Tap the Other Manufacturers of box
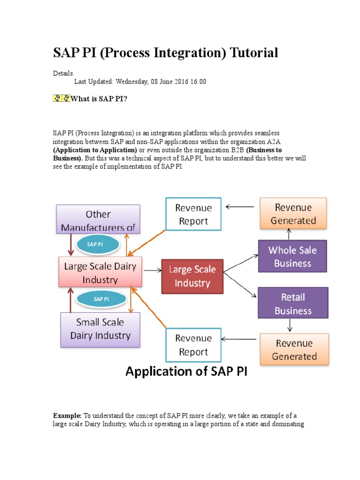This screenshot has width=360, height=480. click(98, 220)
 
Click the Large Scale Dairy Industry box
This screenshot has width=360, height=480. click(100, 272)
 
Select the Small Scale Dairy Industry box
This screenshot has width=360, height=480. click(100, 330)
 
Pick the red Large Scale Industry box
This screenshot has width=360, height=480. click(192, 276)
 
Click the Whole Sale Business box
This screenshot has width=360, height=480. click(292, 256)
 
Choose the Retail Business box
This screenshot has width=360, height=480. click(292, 304)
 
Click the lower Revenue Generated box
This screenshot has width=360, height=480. click(294, 350)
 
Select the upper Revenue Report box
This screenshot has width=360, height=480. click(193, 214)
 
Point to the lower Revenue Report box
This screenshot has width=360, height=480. click(193, 345)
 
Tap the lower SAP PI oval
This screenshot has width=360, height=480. click(101, 299)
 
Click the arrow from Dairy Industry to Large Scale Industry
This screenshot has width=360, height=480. click(151, 270)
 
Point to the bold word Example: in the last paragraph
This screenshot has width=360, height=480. click(67, 416)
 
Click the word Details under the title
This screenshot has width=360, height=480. click(63, 73)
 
